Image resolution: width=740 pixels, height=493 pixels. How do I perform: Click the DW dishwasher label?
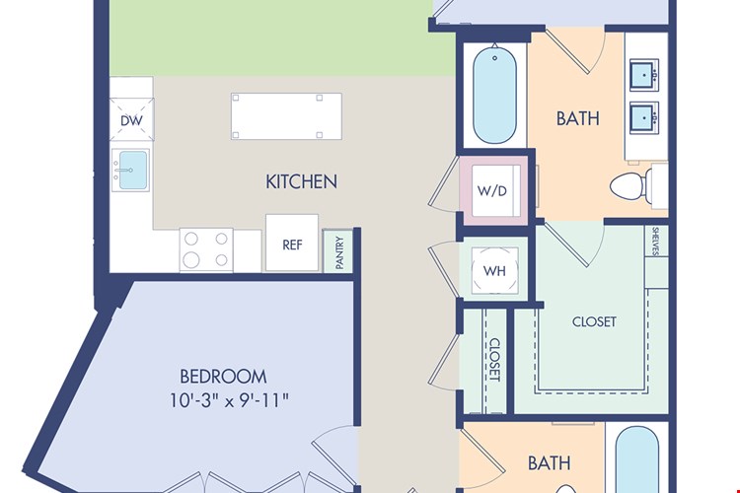click(x=131, y=120)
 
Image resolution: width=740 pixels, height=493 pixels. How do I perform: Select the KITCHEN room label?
click(x=302, y=181)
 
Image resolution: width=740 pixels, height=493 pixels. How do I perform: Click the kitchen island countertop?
click(x=286, y=116)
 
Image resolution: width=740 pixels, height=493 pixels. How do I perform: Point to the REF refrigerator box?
click(x=292, y=243)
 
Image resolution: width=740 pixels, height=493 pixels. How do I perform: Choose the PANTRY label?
click(x=339, y=252)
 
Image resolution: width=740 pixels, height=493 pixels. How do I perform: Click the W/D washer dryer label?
click(x=492, y=190)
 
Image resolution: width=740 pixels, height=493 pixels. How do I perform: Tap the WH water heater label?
click(x=494, y=271)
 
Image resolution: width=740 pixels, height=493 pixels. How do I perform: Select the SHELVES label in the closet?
click(x=655, y=241)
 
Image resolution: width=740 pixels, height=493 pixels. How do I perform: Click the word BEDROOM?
click(x=223, y=377)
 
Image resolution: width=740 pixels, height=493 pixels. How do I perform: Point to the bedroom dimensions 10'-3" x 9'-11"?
click(x=229, y=400)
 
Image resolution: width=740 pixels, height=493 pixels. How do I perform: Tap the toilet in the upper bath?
click(x=631, y=186)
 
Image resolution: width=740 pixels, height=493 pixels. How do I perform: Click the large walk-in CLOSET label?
click(x=594, y=321)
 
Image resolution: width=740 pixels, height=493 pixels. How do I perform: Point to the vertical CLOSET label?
click(x=494, y=360)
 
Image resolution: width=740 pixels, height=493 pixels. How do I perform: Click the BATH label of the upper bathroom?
click(x=577, y=118)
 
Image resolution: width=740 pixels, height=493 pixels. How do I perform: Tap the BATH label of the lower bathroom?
click(x=549, y=463)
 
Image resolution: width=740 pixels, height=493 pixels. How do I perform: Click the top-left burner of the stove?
click(x=191, y=239)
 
